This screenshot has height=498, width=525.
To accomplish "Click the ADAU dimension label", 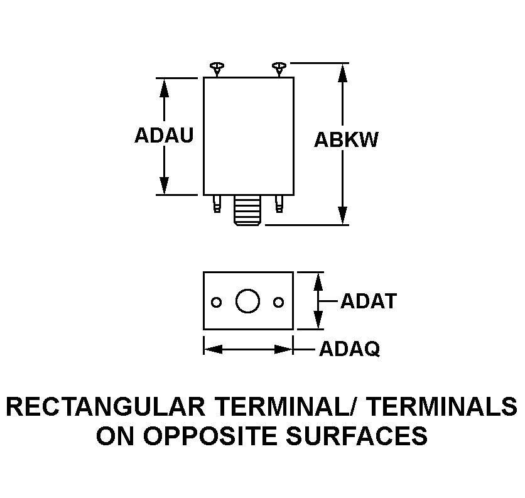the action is [164, 135].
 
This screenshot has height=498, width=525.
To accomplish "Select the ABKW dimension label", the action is [346, 139].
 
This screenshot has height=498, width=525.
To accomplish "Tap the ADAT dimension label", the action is [369, 301].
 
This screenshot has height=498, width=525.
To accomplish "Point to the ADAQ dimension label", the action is [350, 349].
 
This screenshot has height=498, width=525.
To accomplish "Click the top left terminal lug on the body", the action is [217, 69].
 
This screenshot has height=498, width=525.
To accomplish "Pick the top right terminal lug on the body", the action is [279, 69].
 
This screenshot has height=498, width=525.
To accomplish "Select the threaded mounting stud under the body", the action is [248, 210].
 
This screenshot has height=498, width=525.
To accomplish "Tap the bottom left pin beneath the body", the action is [217, 203].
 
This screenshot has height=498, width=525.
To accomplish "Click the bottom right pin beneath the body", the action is [279, 203].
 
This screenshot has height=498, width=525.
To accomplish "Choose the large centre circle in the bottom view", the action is [248, 301].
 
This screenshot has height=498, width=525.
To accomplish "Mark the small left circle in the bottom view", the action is [216, 303].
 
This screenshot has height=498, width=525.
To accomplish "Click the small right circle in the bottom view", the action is [279, 303].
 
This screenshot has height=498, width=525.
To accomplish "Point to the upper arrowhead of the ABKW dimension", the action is [342, 73].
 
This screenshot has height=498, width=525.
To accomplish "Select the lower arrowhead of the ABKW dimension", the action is [342, 215].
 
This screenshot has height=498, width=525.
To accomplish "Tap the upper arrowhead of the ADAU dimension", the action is [164, 88].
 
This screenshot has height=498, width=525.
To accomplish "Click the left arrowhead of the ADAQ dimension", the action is [214, 349].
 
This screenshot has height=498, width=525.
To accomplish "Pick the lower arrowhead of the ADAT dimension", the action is [318, 320].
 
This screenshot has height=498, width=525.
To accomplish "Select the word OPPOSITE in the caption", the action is [210, 436].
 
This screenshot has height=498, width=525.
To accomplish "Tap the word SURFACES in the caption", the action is [357, 436].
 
